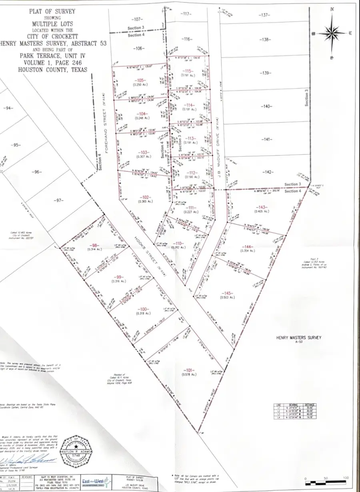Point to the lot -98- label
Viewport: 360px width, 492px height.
tap(94, 245)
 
